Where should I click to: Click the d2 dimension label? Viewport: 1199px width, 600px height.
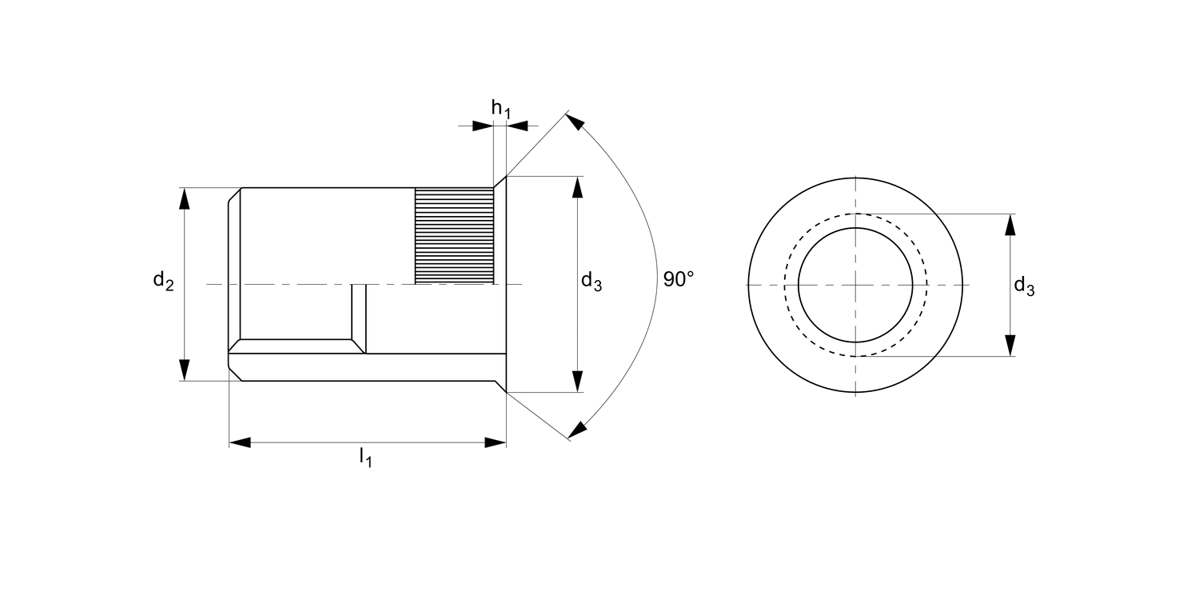point(163,281)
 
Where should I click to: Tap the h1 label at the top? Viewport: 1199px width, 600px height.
point(500,109)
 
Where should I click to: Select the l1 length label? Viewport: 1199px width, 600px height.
point(365,457)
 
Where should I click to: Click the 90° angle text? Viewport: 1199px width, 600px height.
point(679,279)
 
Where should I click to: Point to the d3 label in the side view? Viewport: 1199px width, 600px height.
point(592,281)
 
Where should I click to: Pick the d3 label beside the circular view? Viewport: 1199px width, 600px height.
point(1024,286)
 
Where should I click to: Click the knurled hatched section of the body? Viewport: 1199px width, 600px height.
point(454,235)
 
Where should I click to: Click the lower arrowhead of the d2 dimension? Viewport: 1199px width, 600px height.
point(185,370)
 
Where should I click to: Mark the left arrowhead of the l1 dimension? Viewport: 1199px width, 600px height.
point(240,442)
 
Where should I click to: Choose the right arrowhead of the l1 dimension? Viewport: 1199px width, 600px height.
point(496,442)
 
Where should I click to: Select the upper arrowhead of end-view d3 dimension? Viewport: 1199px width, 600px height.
point(1010,225)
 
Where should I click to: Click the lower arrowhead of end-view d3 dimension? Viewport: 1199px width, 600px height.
point(1010,345)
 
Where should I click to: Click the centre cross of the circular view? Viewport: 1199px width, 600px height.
point(855,285)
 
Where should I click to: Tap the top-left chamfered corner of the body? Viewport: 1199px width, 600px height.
point(235,194)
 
